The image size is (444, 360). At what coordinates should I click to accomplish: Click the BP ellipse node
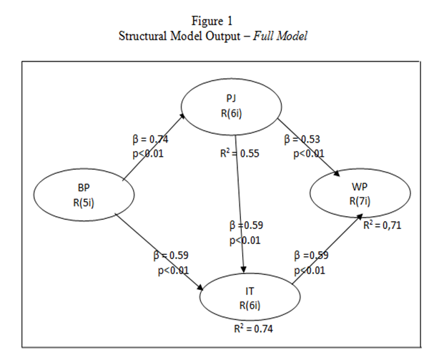pyautogui.click(x=84, y=194)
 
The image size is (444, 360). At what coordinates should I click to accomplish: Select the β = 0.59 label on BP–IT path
pyautogui.click(x=171, y=255)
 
